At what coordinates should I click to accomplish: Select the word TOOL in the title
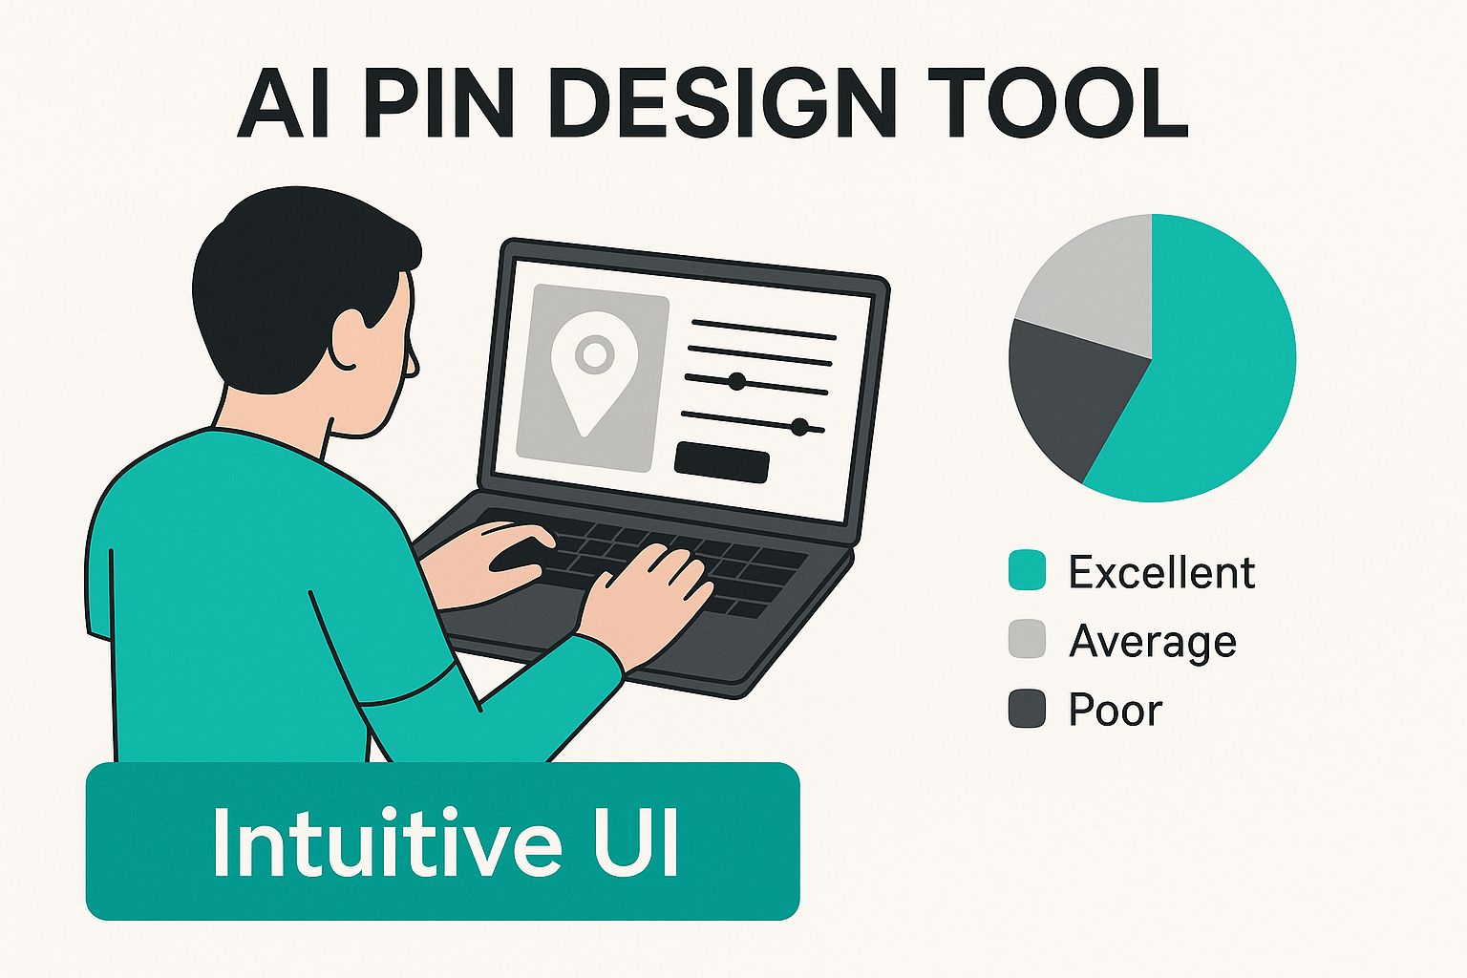click(x=1054, y=103)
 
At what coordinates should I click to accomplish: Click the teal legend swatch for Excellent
click(x=1027, y=571)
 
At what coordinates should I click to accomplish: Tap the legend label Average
click(x=1154, y=642)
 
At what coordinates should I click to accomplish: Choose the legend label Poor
click(x=1116, y=709)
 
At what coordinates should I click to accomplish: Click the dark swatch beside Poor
click(x=1027, y=709)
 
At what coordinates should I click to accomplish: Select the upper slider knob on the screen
click(x=736, y=381)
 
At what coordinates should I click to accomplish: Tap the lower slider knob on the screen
click(x=799, y=427)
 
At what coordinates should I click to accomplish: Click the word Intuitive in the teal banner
click(x=387, y=841)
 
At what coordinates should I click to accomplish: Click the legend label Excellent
click(x=1161, y=572)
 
